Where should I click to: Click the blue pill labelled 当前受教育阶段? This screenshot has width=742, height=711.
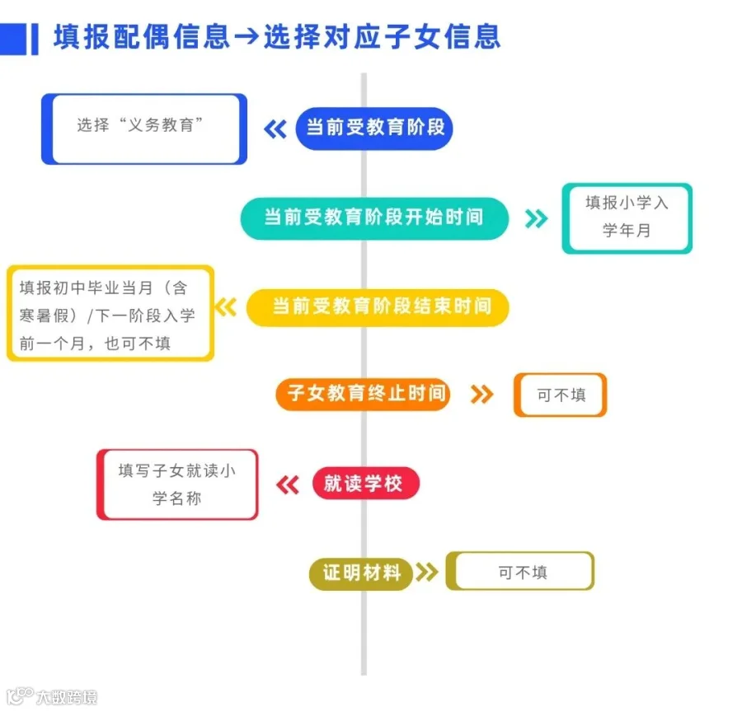coord(374,128)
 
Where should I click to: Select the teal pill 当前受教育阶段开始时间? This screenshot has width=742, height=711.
coord(374,218)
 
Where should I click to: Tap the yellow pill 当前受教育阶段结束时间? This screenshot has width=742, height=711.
coord(378,306)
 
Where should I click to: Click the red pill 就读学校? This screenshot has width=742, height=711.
coord(364,484)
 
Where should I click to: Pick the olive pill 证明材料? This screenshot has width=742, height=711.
coord(361,573)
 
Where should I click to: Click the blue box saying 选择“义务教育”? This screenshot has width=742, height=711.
coord(143,129)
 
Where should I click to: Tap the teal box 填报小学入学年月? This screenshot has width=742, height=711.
coord(627,218)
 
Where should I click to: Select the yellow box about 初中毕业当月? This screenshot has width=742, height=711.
coord(110,313)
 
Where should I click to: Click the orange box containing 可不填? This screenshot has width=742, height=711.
coord(561,395)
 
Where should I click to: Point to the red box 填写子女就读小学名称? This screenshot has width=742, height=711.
coord(177,484)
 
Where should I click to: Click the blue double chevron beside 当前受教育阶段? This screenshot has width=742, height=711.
coord(275,129)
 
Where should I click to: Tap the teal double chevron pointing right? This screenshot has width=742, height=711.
coord(537,218)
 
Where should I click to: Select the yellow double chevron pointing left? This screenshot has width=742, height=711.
coord(226,307)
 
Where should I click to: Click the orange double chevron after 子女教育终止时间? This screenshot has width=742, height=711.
coord(481,395)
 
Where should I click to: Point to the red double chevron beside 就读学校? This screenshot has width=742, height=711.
coord(287,484)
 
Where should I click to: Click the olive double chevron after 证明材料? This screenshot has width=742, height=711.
coord(426,573)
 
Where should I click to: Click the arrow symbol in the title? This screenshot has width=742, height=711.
coord(246,37)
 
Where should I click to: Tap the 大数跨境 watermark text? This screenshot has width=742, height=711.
coord(66,698)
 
